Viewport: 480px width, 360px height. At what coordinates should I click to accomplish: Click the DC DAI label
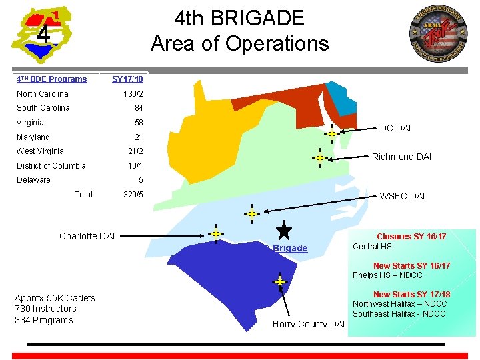[395, 128]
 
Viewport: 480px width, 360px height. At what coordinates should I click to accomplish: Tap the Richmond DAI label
[401, 157]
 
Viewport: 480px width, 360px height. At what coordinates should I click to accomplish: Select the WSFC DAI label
[402, 196]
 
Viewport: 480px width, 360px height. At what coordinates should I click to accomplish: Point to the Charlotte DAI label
[87, 236]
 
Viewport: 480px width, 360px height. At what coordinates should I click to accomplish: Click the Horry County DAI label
[309, 324]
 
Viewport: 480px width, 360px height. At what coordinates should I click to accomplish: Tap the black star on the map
[284, 231]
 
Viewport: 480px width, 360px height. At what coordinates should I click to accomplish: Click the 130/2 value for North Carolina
[133, 94]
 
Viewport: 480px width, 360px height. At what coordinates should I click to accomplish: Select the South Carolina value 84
[139, 108]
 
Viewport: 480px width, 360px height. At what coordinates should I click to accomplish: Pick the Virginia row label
[30, 123]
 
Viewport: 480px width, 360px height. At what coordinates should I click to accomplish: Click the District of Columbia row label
[51, 166]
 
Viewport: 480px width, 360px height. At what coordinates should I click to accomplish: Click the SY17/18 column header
[127, 79]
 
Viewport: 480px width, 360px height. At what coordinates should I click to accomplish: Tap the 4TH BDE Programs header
[52, 79]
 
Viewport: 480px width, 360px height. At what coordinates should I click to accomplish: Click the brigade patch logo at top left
[41, 33]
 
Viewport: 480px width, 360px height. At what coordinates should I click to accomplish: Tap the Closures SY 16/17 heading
[411, 237]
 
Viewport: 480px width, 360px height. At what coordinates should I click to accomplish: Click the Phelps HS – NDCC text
[387, 275]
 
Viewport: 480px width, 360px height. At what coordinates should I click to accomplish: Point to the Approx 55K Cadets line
[55, 298]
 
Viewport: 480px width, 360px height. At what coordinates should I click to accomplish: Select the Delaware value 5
[141, 180]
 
